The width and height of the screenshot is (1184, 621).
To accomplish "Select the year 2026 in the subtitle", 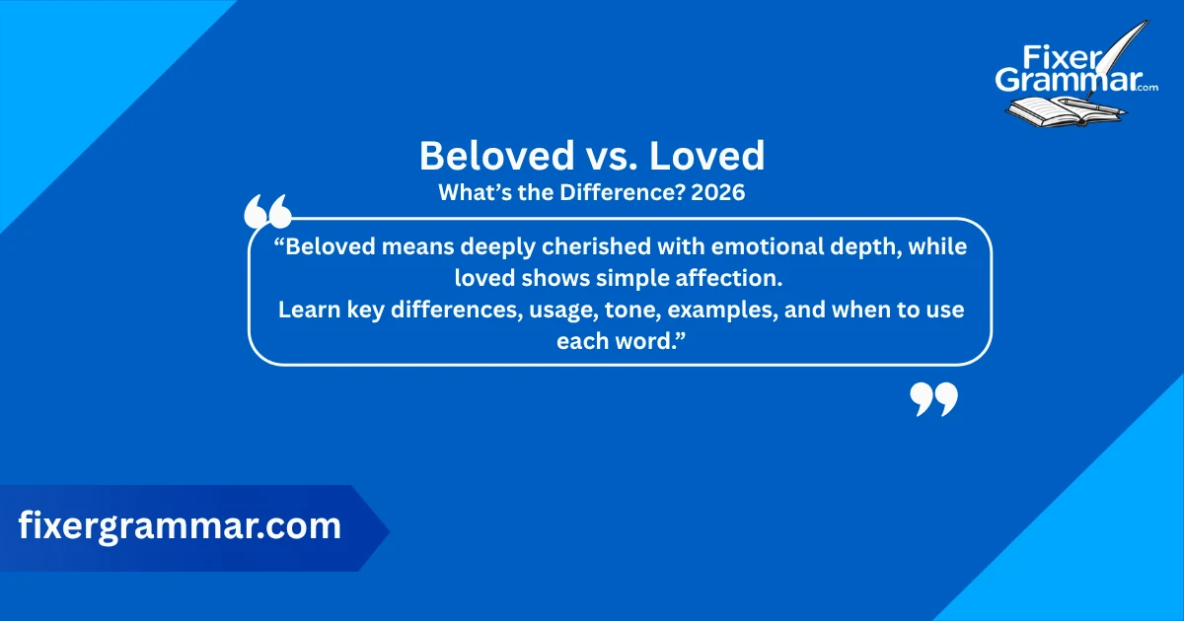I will tap(717, 193).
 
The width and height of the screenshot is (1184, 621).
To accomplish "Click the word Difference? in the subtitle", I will tap(621, 193).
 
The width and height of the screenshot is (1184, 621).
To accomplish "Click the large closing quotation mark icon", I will tap(932, 400).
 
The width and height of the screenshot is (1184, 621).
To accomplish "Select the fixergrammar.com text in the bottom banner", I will tap(180, 526).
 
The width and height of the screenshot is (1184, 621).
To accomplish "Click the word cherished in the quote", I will tap(606, 247).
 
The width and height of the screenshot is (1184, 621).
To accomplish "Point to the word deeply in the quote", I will tap(499, 247).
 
